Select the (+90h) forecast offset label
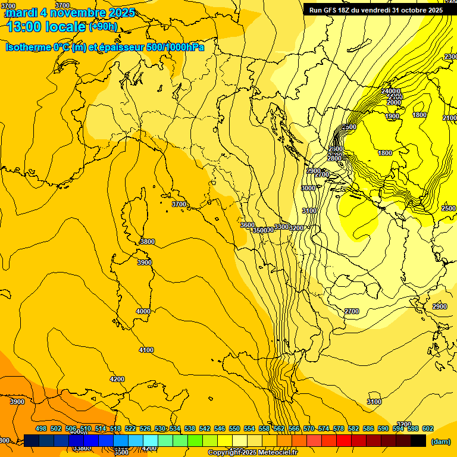(x=103, y=27)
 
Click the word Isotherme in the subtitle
(x=28, y=47)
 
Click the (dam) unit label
(x=440, y=442)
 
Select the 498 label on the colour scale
(x=41, y=428)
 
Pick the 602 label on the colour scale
(x=427, y=428)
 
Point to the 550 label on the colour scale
(x=234, y=428)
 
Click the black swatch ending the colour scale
(x=418, y=440)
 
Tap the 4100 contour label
(x=146, y=350)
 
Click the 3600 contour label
(x=248, y=225)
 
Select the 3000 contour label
(x=308, y=188)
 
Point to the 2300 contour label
(x=450, y=57)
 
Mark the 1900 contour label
(x=393, y=117)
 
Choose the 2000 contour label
(x=394, y=102)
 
